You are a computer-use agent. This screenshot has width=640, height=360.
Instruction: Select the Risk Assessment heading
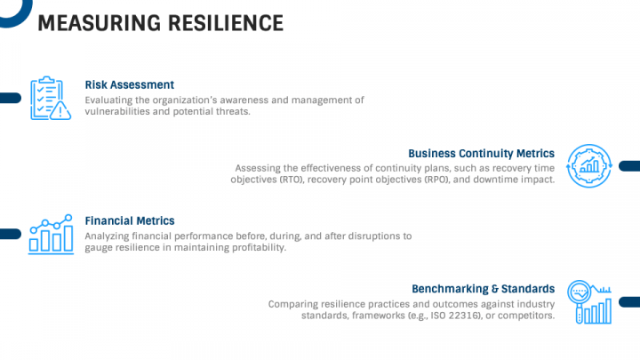tap(129, 84)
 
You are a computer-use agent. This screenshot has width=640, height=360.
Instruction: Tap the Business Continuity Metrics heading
tap(481, 153)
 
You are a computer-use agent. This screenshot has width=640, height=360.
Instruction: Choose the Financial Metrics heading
tap(129, 220)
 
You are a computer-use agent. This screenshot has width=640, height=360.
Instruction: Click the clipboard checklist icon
tap(46, 96)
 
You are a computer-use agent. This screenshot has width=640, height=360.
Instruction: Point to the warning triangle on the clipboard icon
tap(60, 110)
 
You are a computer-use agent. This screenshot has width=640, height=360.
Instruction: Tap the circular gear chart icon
tap(588, 165)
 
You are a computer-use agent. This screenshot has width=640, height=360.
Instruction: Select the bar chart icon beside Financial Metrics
tap(51, 235)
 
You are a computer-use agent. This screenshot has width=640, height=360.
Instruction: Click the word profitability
tap(255, 248)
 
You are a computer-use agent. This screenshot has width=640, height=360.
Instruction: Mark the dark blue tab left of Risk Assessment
tap(10, 98)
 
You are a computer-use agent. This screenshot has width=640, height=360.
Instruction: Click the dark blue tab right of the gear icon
tap(629, 165)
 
